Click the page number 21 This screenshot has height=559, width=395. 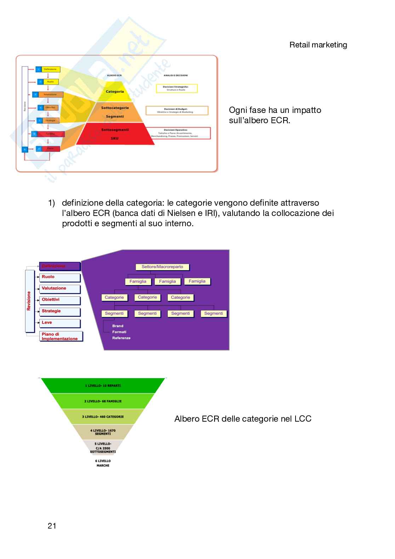coord(52,526)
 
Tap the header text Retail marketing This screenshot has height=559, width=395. coord(318,45)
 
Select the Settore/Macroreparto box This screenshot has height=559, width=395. coord(162,267)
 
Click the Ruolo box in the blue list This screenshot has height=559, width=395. coord(60,277)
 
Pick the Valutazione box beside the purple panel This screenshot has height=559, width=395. coord(60,289)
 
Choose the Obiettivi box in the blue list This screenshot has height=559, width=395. coord(60,300)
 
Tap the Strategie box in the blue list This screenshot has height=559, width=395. coord(60,311)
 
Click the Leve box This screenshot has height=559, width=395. coord(60,323)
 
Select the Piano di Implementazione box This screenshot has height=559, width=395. coord(61,336)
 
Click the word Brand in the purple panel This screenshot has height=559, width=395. coord(118,326)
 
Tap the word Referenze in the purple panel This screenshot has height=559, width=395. coord(121,338)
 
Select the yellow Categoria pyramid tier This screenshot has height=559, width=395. coord(115,92)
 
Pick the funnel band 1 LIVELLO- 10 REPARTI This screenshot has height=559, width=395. coord(103,386)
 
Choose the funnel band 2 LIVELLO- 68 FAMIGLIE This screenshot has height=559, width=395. coord(103,401)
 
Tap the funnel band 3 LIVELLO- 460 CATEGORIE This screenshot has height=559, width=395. coord(103,417)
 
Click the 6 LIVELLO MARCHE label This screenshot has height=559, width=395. coord(103,463)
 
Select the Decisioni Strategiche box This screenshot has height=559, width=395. coord(177,88)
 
